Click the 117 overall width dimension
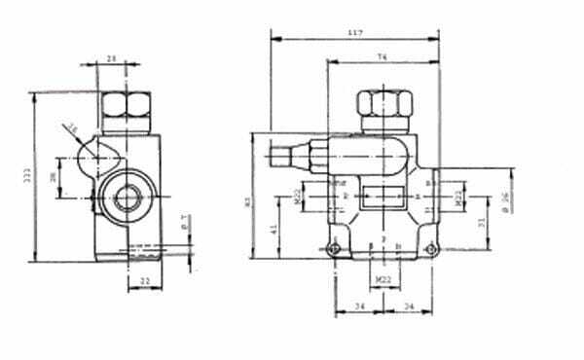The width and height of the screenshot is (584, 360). tap(354, 34)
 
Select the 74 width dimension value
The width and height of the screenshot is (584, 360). tap(382, 58)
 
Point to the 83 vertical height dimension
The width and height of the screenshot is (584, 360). tap(248, 202)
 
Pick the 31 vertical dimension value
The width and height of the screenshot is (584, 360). tap(484, 222)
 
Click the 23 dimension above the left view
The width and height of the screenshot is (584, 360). tap(110, 59)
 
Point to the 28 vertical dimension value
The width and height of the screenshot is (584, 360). tap(54, 177)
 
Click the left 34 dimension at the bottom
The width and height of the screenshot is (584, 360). tap(359, 308)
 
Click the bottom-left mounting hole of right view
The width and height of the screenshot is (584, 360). tap(335, 251)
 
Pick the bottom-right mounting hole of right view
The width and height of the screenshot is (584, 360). tap(428, 251)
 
